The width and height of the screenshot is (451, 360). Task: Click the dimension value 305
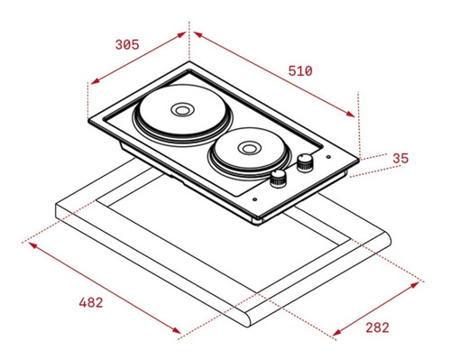click(x=127, y=44)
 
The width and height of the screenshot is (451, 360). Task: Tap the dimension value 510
click(x=300, y=71)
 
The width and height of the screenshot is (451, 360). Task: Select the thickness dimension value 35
click(x=400, y=159)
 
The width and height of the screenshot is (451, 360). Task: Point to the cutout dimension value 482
click(x=91, y=302)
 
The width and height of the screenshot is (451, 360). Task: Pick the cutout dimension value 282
click(x=377, y=328)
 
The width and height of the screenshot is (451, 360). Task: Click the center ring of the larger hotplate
click(x=181, y=110)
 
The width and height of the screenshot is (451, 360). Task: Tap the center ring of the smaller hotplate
click(x=248, y=148)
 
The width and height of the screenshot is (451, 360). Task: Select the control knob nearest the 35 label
click(x=305, y=162)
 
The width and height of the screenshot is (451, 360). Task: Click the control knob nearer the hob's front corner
click(x=278, y=179)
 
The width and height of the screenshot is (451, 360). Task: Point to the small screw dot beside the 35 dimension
click(x=328, y=157)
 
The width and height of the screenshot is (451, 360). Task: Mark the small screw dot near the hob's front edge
click(x=255, y=199)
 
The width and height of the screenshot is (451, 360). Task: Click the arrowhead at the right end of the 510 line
click(x=351, y=115)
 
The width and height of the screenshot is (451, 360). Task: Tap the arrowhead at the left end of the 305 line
click(x=95, y=81)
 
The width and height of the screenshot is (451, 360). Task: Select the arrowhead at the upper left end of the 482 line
click(x=32, y=245)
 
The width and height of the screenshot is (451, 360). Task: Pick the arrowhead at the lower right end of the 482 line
click(x=177, y=330)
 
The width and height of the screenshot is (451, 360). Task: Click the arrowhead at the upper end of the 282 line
click(x=415, y=284)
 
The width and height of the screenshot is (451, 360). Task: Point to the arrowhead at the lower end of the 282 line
click(x=336, y=332)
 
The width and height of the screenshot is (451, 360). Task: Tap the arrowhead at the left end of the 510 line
click(x=198, y=34)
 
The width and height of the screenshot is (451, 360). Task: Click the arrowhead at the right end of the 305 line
click(x=181, y=34)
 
